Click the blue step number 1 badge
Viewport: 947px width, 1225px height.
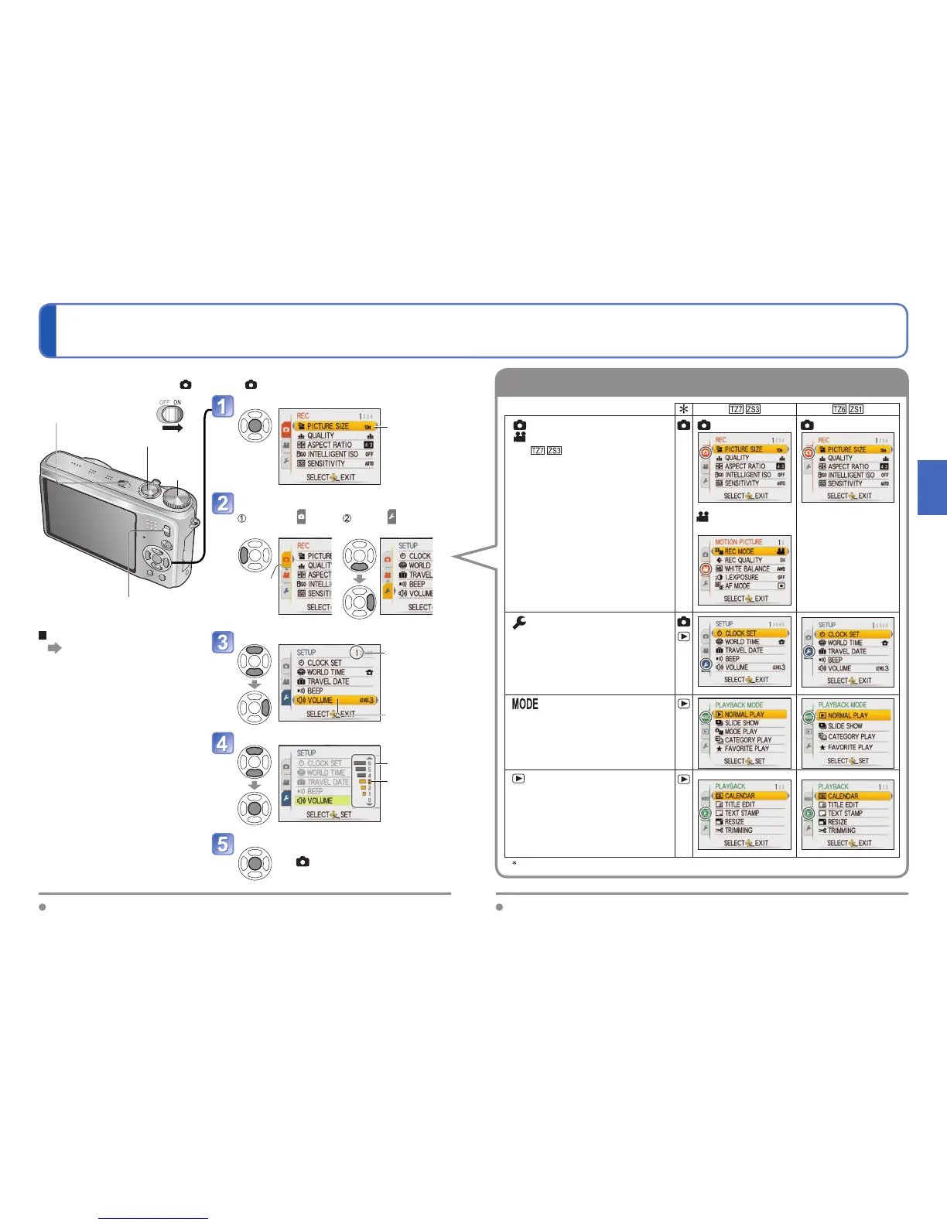(x=223, y=407)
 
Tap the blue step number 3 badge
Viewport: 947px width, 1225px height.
(x=223, y=643)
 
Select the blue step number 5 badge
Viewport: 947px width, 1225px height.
(x=223, y=844)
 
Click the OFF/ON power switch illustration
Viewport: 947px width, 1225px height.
(x=169, y=413)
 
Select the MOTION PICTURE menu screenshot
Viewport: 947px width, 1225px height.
(x=744, y=571)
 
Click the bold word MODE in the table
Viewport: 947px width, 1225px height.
(x=525, y=705)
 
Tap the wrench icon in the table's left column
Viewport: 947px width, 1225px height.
(x=519, y=623)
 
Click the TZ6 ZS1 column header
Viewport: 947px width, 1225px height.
(x=847, y=409)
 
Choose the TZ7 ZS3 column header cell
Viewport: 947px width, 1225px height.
(x=744, y=409)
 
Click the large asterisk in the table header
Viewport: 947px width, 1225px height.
(x=684, y=409)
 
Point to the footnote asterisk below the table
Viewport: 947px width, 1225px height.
(x=515, y=863)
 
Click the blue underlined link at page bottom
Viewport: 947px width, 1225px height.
(x=153, y=1218)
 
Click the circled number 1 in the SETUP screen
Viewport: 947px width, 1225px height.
(x=356, y=653)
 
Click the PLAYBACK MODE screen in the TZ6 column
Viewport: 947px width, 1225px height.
(x=847, y=732)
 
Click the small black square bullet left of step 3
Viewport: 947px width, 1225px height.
(x=43, y=635)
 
